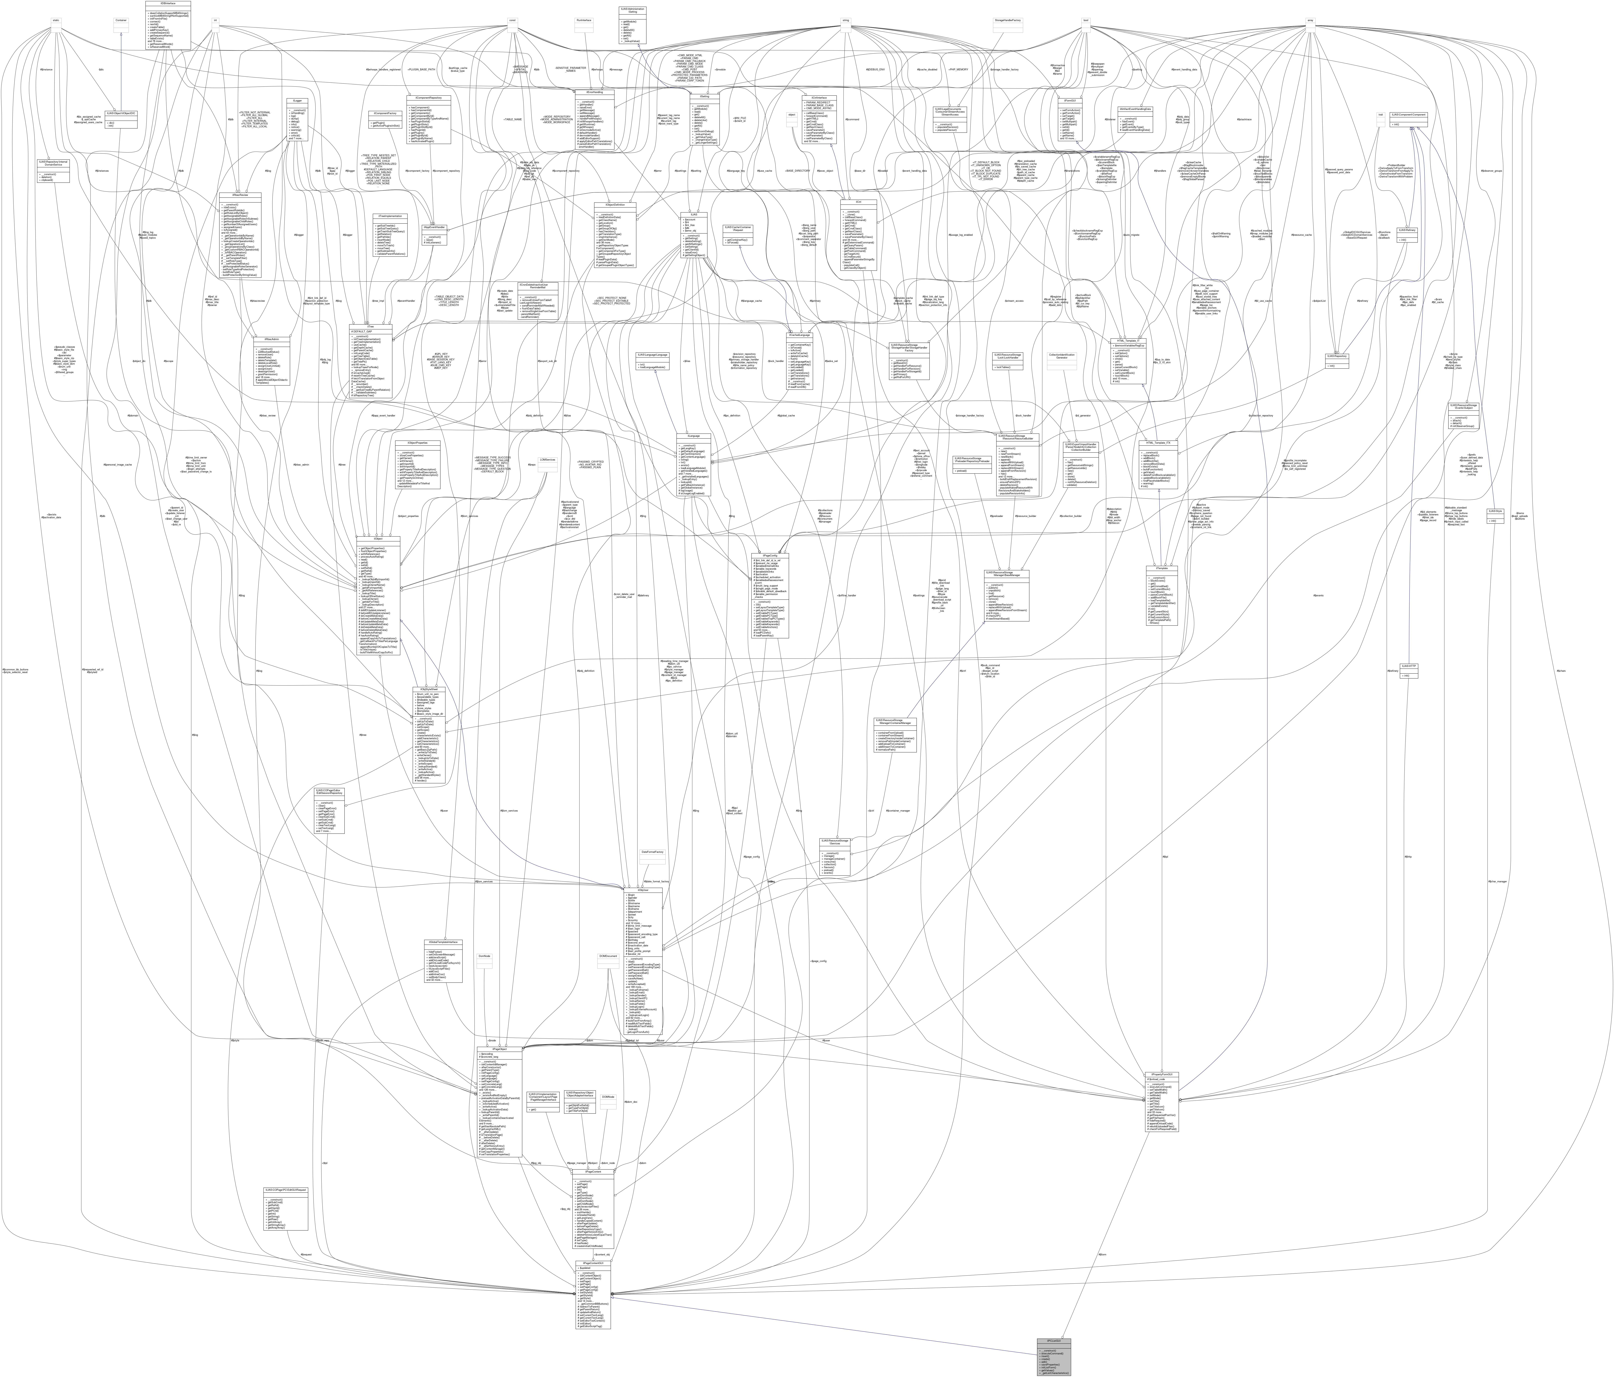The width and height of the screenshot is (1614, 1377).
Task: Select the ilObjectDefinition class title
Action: pos(615,205)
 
